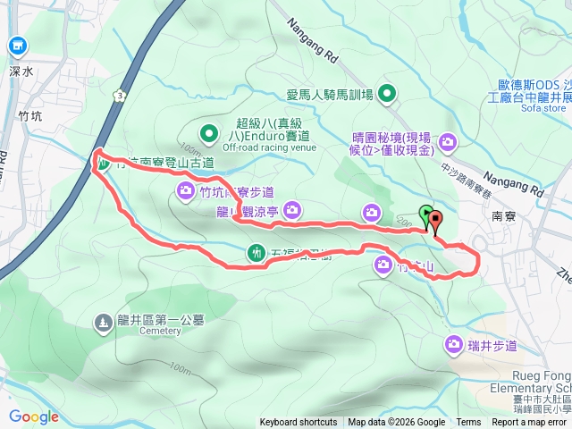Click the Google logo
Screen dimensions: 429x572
[34, 416]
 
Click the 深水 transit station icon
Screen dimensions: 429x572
[18, 46]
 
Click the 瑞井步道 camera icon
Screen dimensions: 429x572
[455, 345]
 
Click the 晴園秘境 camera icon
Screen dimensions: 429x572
[447, 139]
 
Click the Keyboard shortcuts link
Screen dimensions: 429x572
[299, 423]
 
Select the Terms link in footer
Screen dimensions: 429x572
[468, 423]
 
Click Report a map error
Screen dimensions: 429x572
[530, 423]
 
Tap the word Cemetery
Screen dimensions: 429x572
[161, 331]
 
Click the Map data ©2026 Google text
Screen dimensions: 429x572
[396, 423]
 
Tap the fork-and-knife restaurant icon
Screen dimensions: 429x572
[257, 254]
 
